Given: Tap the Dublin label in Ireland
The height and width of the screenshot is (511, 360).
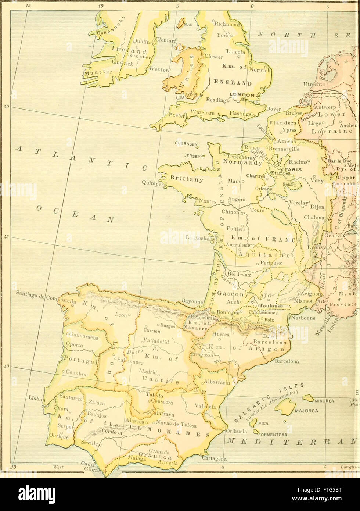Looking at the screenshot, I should [x=141, y=42].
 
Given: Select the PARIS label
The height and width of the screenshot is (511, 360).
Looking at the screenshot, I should [x=292, y=169].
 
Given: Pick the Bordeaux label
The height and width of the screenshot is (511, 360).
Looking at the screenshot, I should [x=239, y=274].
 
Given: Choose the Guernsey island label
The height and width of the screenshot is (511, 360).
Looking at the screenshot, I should [x=186, y=144].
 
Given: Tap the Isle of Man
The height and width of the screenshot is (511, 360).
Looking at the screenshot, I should [x=181, y=23].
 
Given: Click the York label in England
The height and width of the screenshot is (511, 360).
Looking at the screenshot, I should [x=223, y=35].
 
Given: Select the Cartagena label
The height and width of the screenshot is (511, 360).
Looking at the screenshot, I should [x=214, y=458].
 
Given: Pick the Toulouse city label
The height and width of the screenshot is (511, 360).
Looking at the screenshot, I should [x=271, y=306].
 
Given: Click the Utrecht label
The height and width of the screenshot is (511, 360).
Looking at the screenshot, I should [x=312, y=84].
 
